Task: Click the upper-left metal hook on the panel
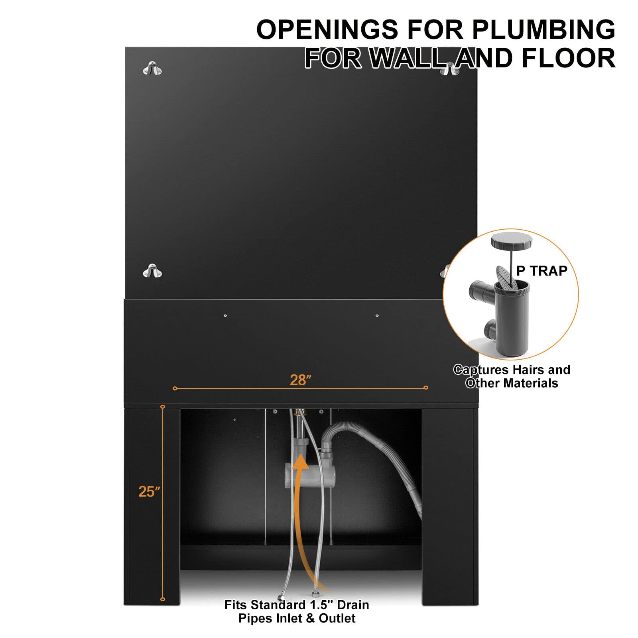tap(152, 69)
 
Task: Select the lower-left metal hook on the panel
tap(152, 271)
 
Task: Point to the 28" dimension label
tap(300, 380)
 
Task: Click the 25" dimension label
tap(149, 492)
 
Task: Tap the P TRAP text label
tap(542, 271)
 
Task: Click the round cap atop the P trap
tap(512, 240)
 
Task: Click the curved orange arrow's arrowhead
tap(300, 463)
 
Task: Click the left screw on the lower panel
tap(225, 316)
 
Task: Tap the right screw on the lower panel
tap(377, 316)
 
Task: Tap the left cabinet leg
tap(152, 504)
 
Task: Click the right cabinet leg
tap(450, 504)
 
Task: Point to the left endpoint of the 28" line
tap(175, 388)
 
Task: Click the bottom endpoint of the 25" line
tap(163, 599)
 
